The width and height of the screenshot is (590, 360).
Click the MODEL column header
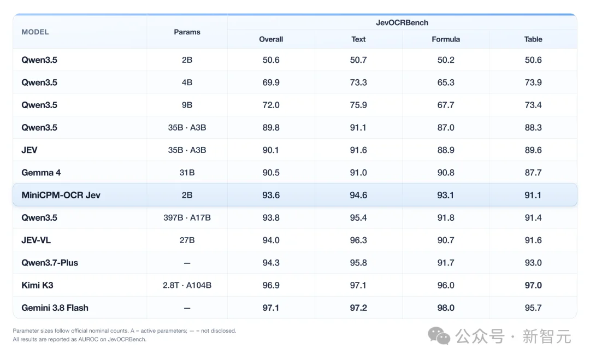35,32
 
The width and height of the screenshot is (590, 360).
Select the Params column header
187,32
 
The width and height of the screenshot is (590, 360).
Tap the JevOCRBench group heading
402,22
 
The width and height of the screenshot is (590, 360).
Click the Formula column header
446,39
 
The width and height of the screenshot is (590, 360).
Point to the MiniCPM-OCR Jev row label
61,195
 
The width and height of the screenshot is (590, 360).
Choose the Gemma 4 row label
41,173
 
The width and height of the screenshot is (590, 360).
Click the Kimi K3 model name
37,285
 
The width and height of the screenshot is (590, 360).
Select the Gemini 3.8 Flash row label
55,308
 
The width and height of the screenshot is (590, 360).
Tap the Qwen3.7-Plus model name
50,263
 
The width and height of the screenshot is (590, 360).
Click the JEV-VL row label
36,240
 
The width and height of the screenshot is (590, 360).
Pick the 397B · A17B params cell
187,217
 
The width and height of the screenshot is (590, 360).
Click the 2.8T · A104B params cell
187,285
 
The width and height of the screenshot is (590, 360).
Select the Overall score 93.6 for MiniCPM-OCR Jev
271,195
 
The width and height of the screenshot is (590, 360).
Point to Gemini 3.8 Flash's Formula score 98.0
446,308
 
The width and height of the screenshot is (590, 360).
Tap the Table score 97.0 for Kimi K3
533,285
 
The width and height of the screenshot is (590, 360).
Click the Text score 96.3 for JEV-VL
358,240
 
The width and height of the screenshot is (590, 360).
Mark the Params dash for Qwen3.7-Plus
187,263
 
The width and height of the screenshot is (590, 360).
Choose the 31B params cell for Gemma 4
187,173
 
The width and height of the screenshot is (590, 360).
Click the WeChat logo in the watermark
439,335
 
